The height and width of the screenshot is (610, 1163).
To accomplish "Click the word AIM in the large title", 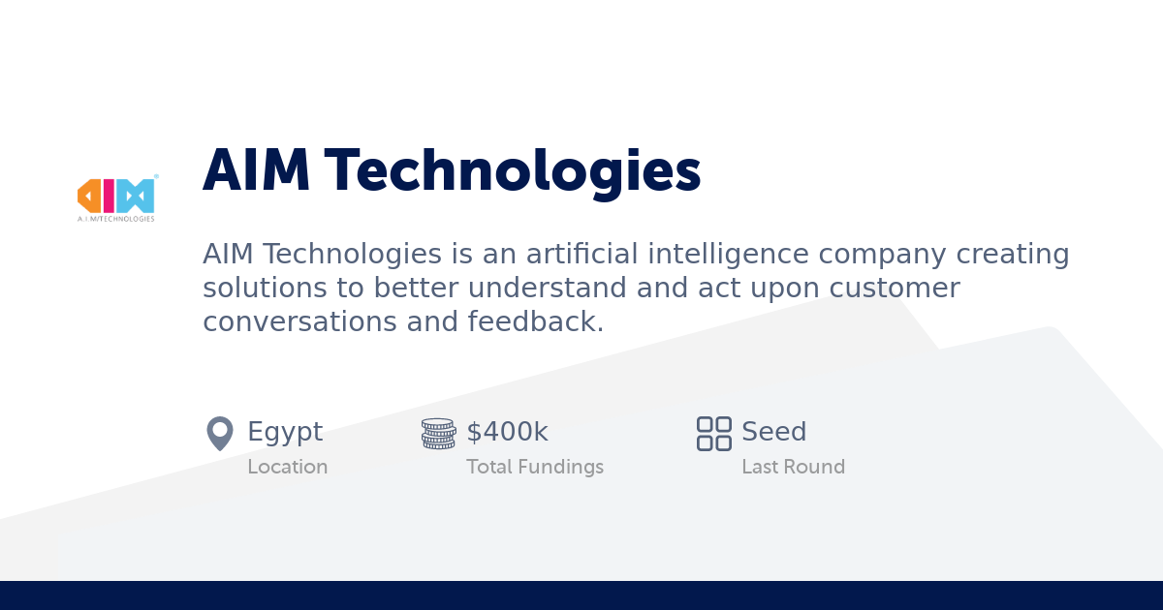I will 257,171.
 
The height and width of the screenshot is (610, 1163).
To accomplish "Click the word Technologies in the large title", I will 513,171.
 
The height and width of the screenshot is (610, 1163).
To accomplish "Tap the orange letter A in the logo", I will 90,196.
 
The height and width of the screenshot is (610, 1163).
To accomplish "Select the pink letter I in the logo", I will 110,196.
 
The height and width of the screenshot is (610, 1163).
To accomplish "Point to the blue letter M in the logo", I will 136,196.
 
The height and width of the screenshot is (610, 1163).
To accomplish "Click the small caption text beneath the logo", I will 115,219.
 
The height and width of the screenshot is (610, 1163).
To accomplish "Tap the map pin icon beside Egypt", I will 220,433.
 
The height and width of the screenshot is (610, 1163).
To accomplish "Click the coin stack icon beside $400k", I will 438,433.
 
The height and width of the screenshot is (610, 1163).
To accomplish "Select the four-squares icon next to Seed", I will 714,433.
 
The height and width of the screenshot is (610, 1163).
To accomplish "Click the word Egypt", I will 285,432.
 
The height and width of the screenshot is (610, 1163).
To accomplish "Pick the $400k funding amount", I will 507,432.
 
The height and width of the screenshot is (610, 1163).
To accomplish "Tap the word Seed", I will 773,432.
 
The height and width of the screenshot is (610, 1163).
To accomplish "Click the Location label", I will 287,467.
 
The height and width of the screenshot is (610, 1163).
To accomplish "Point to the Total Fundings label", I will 535,467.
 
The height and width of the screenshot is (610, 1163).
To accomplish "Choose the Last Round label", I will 793,467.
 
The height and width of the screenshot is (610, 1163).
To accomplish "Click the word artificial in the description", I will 581,255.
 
